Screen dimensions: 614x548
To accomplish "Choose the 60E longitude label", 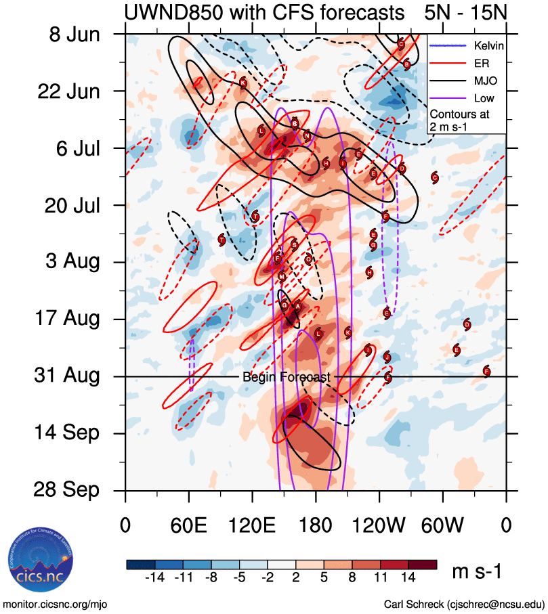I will [x=189, y=524].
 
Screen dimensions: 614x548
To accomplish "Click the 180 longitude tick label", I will [x=316, y=524].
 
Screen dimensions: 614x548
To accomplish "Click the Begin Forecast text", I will [x=286, y=377].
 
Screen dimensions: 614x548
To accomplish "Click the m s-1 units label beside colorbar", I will [x=476, y=572].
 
